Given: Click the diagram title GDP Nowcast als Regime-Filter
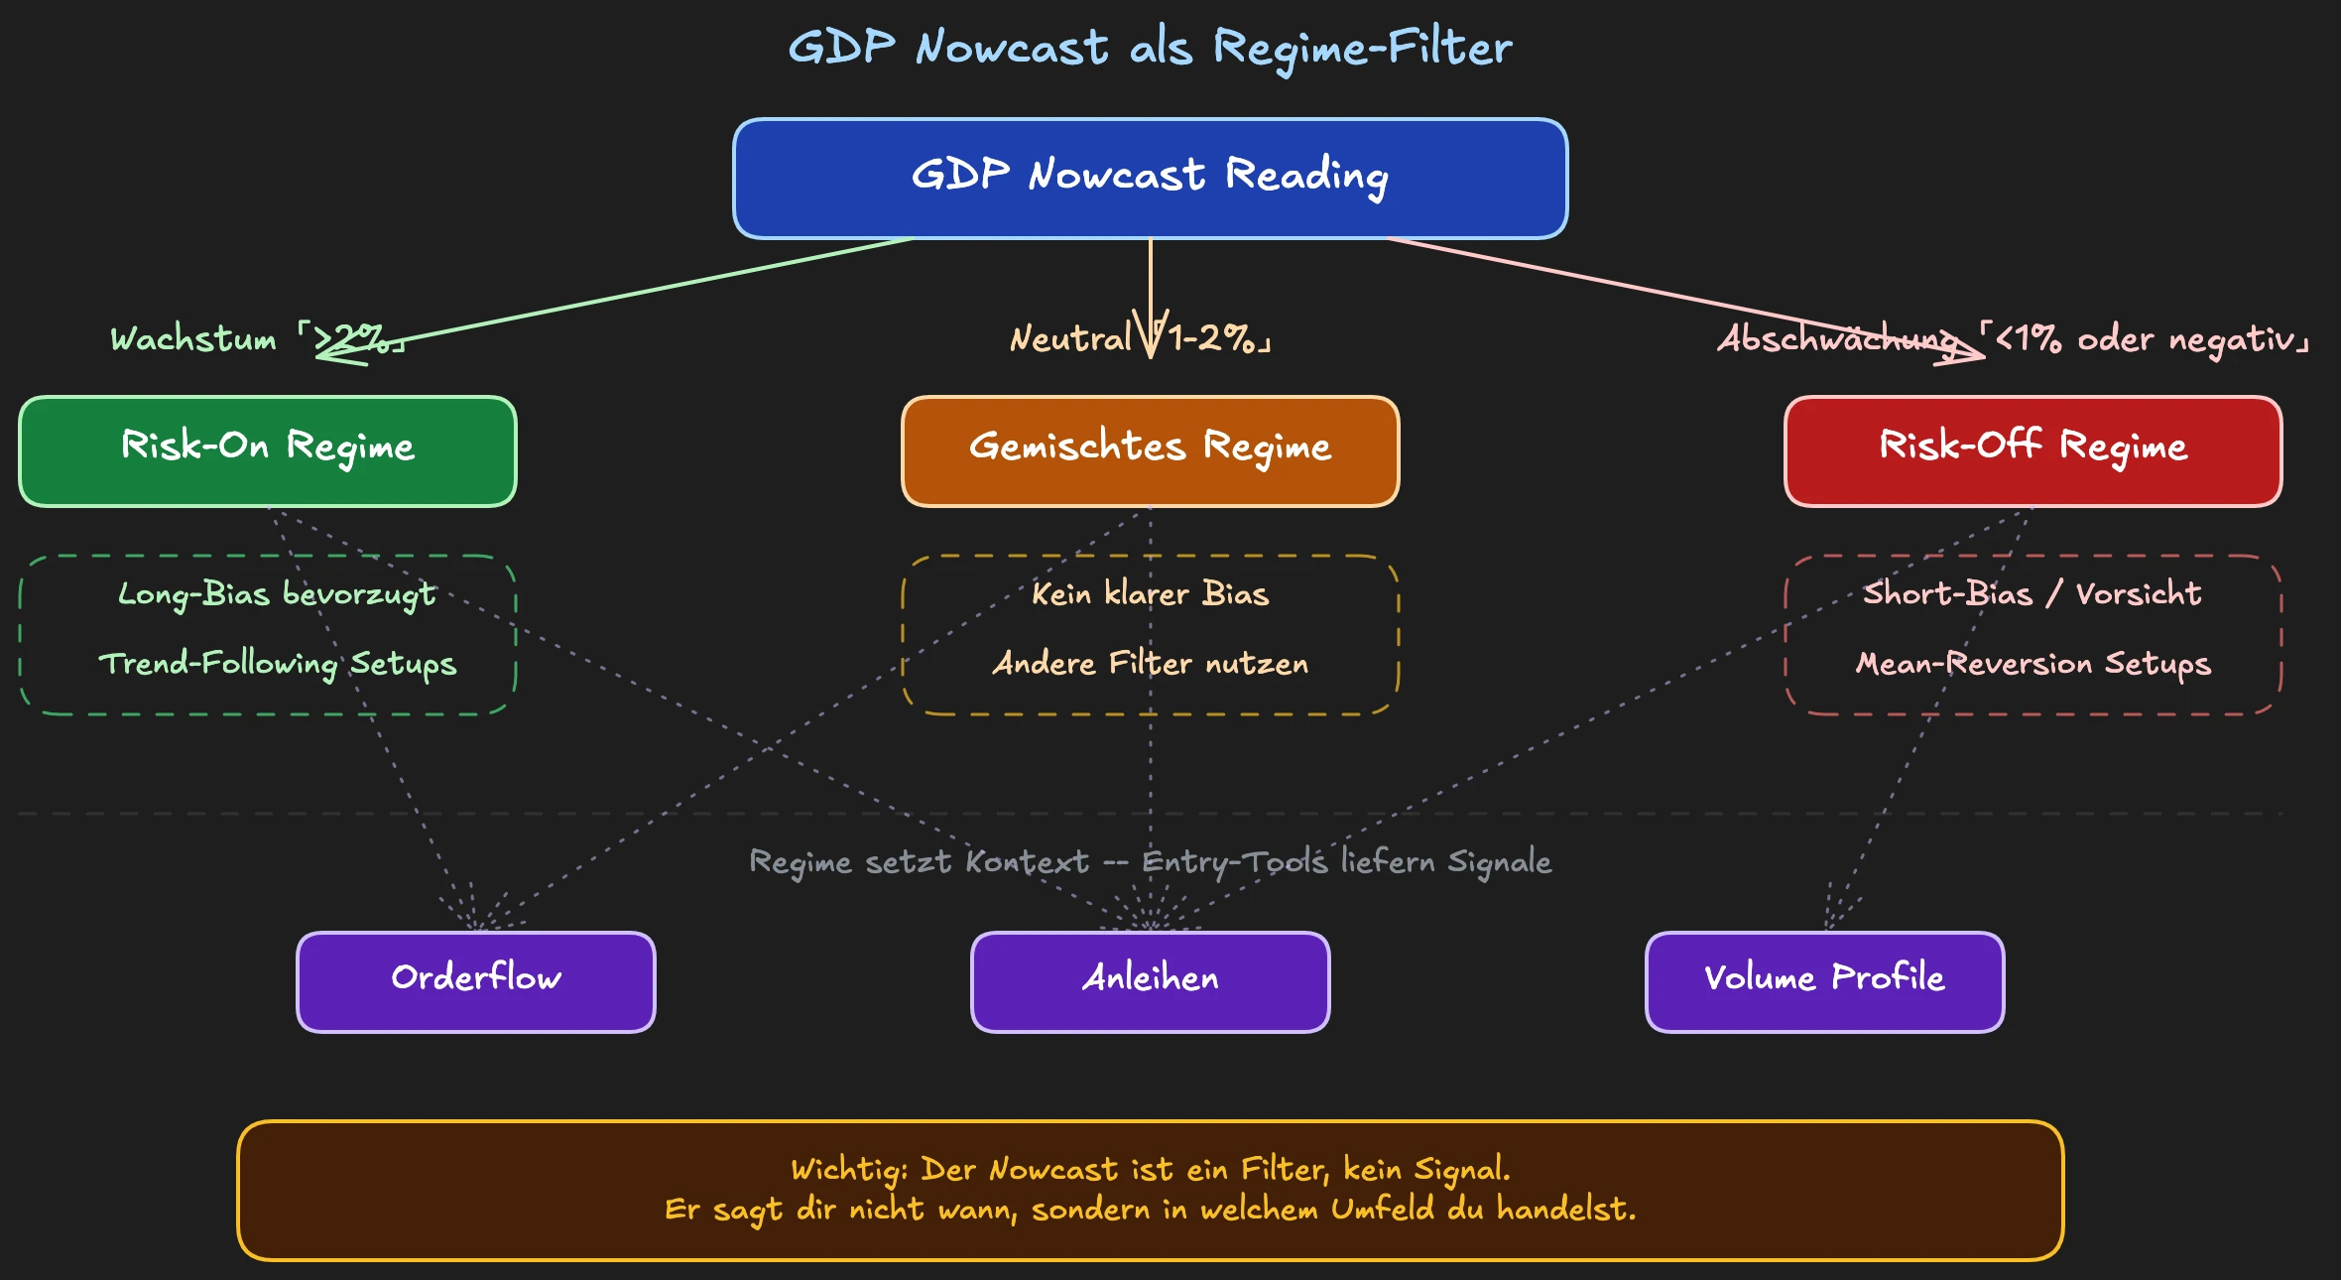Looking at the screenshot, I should point(1150,48).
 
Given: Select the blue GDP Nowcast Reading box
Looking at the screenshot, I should point(1150,178).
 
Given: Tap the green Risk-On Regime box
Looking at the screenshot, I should point(267,450).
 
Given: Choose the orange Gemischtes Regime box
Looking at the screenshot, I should point(1150,450).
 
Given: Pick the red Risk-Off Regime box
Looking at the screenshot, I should point(2033,450).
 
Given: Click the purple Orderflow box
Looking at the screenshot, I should point(475,981).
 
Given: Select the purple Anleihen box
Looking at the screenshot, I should point(1150,981).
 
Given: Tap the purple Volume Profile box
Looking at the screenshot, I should point(1824,981).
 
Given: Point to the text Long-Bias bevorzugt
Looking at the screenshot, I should point(277,593).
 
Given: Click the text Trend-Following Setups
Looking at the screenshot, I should point(277,663).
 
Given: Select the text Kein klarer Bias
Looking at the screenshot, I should point(1150,593).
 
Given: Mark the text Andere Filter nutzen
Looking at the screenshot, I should point(1150,663).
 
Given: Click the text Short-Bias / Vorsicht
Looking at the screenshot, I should point(2033,593).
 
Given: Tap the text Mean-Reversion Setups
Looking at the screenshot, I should point(2033,663).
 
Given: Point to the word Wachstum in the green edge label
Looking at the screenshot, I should point(193,339).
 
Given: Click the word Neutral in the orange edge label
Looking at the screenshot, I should point(1070,339).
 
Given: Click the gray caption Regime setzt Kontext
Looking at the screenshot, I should point(919,861).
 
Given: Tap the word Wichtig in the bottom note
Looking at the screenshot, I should point(847,1170).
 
